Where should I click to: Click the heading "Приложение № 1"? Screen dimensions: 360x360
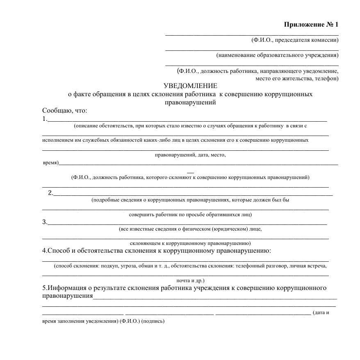(311, 25)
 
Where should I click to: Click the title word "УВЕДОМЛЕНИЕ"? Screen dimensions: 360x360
(190, 86)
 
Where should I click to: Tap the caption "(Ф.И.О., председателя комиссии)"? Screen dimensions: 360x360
(295, 40)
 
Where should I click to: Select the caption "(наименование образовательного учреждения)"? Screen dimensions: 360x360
(277, 55)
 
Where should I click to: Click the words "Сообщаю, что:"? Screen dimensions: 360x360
(65, 111)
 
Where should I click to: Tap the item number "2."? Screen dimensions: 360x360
(50, 193)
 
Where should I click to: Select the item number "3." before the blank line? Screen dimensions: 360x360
(45, 222)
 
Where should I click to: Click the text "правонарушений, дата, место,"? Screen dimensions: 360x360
(190, 155)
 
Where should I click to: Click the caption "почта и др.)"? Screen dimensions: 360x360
(190, 281)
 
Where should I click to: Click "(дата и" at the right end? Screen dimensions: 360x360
(321, 313)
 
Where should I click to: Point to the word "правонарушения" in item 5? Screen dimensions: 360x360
(67, 296)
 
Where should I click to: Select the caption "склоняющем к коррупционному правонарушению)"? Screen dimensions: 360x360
(190, 243)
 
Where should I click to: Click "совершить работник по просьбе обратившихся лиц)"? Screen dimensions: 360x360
(190, 214)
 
